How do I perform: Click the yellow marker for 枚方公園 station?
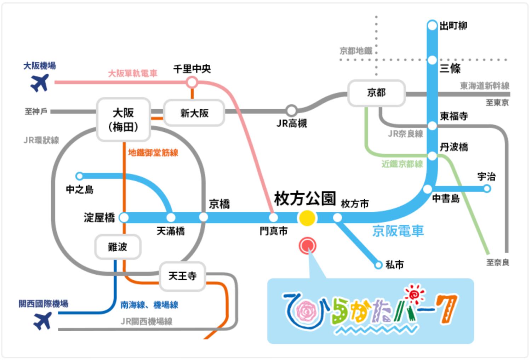[x=307, y=218]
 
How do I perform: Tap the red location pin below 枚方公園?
[x=307, y=246]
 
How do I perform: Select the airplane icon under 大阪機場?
[x=40, y=83]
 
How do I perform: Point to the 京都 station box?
[x=376, y=93]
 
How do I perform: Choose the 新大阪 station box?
[x=194, y=113]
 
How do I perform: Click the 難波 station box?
[x=118, y=247]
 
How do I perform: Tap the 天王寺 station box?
[x=182, y=276]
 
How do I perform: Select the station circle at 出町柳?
[x=432, y=25]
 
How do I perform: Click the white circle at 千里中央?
[x=192, y=82]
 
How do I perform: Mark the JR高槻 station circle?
[x=292, y=110]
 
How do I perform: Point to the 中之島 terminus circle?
[x=79, y=176]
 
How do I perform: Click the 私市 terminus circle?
[x=378, y=265]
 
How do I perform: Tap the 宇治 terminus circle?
[x=487, y=189]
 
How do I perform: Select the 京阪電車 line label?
[x=398, y=231]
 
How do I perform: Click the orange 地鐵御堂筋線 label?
[x=153, y=153]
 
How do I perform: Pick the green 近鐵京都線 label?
[x=402, y=164]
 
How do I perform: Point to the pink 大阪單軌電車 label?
[x=133, y=74]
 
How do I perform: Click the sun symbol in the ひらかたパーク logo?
[x=415, y=294]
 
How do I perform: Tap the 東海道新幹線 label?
[x=485, y=86]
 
